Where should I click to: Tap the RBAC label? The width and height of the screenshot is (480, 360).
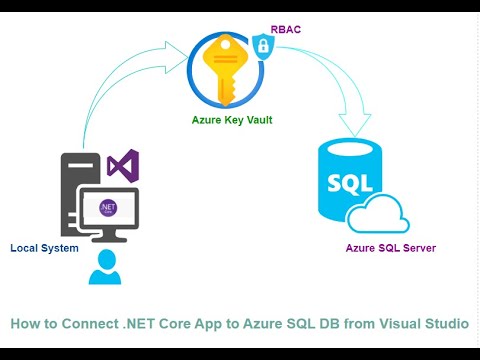[x=286, y=31]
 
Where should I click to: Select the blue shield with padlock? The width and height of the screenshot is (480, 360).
[x=262, y=45]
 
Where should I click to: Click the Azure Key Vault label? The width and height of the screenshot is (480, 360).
[x=232, y=119]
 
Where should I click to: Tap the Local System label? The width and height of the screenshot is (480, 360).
[x=44, y=248]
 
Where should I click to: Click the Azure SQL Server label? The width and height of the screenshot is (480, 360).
[x=391, y=248]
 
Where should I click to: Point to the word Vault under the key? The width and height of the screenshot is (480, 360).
[x=256, y=119]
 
